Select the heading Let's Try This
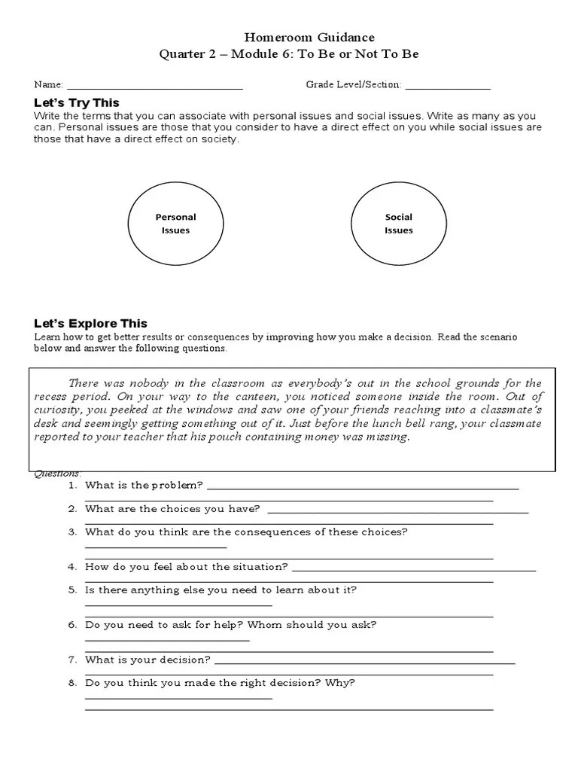click(76, 102)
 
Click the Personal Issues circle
click(175, 224)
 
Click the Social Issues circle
click(398, 224)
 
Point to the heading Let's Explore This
click(90, 324)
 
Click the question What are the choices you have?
click(172, 509)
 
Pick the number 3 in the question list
click(72, 532)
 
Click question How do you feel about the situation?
click(187, 567)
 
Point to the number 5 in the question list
click(72, 590)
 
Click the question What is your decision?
click(148, 660)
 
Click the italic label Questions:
click(57, 473)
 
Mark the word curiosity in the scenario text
click(58, 410)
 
